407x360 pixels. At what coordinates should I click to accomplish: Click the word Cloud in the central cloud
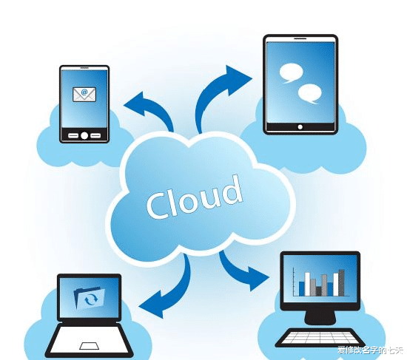coord(195,197)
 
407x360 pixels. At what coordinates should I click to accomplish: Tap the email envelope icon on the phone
coord(84,95)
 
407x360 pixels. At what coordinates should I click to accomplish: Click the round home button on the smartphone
coord(84,135)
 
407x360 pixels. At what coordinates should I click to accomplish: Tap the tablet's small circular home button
coord(300,127)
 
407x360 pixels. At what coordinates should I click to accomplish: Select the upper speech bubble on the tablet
coord(291,73)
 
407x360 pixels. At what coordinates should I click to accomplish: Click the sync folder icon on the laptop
coord(90,298)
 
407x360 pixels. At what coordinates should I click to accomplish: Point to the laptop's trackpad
coord(90,346)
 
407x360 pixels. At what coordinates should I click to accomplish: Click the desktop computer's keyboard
coord(320,337)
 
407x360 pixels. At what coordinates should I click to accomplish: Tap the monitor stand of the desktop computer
coord(320,317)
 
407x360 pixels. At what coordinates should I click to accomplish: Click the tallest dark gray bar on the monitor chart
coord(341,283)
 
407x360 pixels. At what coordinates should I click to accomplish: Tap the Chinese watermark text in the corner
coord(370,350)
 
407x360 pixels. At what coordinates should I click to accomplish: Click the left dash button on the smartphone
coord(73,136)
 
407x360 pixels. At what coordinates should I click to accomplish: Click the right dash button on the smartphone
coord(95,136)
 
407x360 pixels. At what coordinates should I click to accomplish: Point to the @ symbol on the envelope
coord(84,92)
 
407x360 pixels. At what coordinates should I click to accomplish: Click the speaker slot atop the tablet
coord(300,38)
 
